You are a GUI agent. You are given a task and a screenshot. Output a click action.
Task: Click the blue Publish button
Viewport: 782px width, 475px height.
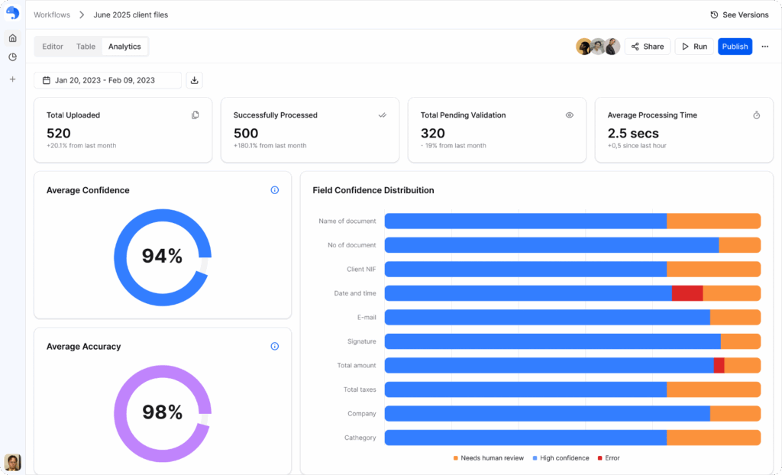pyautogui.click(x=735, y=47)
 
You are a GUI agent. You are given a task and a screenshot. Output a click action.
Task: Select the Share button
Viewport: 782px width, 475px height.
pyautogui.click(x=647, y=47)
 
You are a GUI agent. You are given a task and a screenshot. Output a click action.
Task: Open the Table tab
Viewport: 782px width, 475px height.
pyautogui.click(x=86, y=47)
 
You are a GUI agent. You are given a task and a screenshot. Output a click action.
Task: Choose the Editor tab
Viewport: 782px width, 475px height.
pyautogui.click(x=53, y=47)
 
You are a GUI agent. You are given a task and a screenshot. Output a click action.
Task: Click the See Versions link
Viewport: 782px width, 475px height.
pyautogui.click(x=739, y=15)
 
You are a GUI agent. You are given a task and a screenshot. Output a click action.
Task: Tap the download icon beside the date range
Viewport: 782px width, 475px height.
pyautogui.click(x=194, y=80)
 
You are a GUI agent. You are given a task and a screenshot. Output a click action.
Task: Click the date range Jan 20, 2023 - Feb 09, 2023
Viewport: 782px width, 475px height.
pyautogui.click(x=105, y=80)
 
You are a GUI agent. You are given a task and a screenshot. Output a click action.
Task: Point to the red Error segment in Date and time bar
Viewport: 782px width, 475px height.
pyautogui.click(x=687, y=293)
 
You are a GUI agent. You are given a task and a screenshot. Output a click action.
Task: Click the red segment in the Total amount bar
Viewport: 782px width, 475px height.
pyautogui.click(x=719, y=366)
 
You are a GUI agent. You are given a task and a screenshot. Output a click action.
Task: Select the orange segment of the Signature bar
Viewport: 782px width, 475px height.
pyautogui.click(x=740, y=341)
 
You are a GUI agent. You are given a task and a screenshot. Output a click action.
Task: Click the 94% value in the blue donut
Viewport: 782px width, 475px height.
pyautogui.click(x=162, y=257)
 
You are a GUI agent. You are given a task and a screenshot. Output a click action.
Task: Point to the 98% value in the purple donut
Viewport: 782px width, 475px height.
pyautogui.click(x=162, y=412)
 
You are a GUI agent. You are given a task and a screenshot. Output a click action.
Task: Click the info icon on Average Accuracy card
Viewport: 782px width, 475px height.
pyautogui.click(x=275, y=346)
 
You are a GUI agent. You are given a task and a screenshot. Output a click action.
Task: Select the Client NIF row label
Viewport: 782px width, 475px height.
pyautogui.click(x=360, y=269)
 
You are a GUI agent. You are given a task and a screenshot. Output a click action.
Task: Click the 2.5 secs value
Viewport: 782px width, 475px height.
pyautogui.click(x=633, y=134)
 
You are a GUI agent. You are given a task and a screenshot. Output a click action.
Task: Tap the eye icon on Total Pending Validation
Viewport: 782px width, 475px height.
pyautogui.click(x=569, y=115)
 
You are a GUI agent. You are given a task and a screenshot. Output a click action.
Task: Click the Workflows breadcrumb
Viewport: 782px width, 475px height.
pyautogui.click(x=51, y=15)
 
